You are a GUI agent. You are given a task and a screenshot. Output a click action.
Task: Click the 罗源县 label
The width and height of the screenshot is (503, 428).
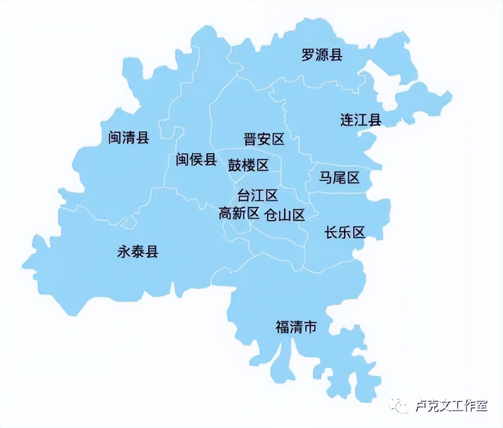click(x=322, y=55)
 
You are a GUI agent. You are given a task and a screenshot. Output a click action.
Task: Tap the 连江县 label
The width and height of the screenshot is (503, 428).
click(x=360, y=120)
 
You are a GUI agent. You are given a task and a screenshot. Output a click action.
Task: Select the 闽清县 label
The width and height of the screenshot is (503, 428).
click(x=129, y=138)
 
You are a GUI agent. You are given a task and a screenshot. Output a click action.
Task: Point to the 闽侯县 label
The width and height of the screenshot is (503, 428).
click(x=196, y=160)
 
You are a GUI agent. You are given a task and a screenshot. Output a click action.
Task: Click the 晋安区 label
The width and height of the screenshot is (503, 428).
click(x=264, y=139)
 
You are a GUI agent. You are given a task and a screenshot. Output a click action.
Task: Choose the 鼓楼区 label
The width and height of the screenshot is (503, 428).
click(x=248, y=165)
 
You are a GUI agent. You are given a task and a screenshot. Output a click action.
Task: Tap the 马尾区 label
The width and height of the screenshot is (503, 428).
click(x=339, y=177)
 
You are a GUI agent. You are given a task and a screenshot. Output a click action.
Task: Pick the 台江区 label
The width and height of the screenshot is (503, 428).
click(x=258, y=195)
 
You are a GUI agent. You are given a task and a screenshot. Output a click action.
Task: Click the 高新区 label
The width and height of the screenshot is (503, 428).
click(x=239, y=214)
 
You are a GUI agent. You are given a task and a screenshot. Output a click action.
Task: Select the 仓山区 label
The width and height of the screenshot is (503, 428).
click(x=285, y=215)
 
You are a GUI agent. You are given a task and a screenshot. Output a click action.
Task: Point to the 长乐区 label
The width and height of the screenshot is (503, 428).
click(x=345, y=232)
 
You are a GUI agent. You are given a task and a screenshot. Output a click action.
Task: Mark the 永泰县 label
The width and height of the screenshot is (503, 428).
click(x=138, y=252)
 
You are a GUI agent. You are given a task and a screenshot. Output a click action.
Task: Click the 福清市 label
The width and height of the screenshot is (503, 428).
click(x=296, y=326)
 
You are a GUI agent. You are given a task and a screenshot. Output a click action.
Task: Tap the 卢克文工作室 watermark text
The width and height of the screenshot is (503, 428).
click(x=451, y=406)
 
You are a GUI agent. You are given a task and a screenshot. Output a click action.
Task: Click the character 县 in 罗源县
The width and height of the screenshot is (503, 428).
click(x=336, y=55)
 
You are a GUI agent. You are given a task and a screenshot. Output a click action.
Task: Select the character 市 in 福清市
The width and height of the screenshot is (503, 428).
click(x=310, y=326)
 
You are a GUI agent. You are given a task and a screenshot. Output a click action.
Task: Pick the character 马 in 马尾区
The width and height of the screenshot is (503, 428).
click(x=326, y=177)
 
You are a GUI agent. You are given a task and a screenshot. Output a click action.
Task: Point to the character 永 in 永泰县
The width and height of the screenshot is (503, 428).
click(x=124, y=252)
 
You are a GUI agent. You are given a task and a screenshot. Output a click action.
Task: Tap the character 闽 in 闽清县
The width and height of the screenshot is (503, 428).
click(x=115, y=138)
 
